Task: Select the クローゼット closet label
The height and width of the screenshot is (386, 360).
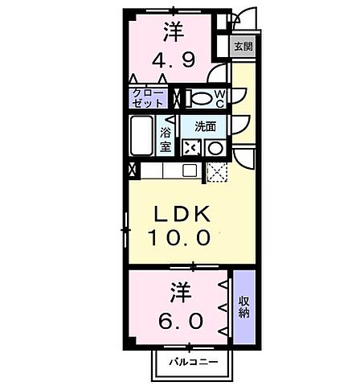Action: click(148, 99)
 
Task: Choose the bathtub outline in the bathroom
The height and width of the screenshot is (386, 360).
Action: click(144, 136)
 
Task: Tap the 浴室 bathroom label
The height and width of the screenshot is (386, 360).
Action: click(166, 138)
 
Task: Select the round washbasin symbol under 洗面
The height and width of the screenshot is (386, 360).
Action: click(215, 148)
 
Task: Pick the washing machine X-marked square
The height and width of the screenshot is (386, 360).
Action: click(190, 148)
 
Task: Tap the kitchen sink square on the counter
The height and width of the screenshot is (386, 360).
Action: click(190, 170)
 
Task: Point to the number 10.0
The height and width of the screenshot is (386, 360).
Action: click(179, 238)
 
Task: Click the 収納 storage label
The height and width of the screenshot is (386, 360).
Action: click(243, 308)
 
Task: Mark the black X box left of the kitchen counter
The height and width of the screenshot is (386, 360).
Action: click(133, 170)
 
